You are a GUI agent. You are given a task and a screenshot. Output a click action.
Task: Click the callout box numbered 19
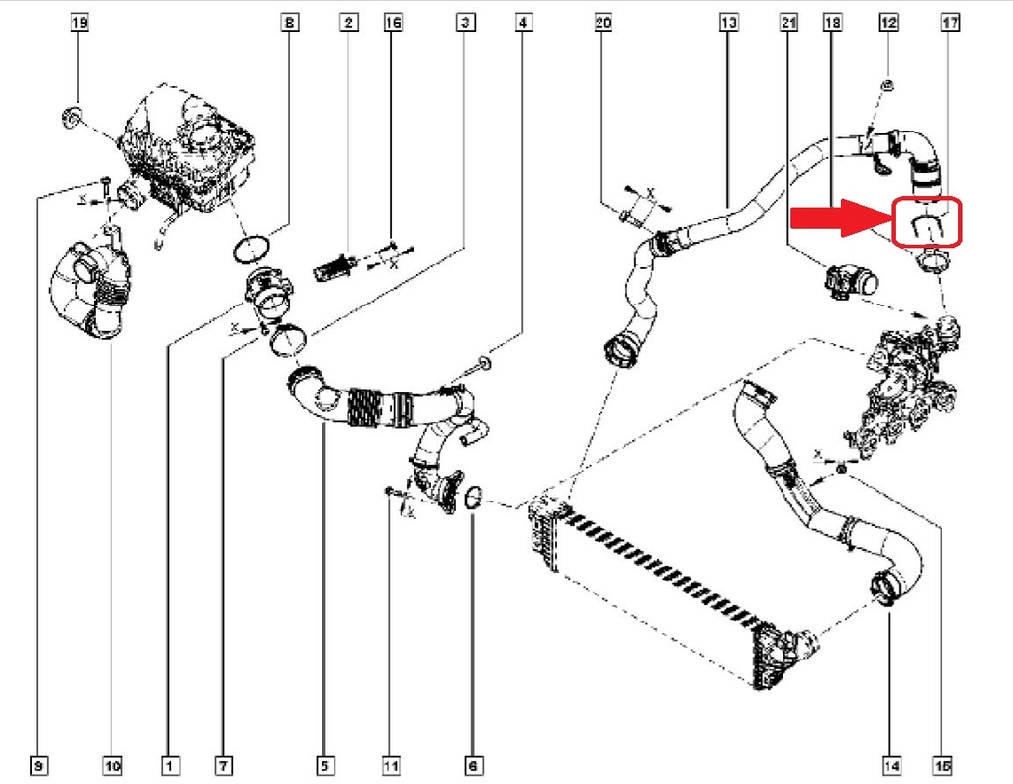point(80,21)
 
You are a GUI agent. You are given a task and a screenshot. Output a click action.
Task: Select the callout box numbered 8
point(288,21)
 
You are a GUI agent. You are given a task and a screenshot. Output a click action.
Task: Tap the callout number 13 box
point(729,21)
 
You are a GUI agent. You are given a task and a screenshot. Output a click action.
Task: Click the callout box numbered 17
point(950,21)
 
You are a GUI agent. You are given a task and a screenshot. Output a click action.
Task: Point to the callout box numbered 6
point(472,764)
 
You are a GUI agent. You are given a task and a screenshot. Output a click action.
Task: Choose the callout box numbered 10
point(111,764)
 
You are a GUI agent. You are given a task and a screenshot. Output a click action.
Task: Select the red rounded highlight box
point(927,222)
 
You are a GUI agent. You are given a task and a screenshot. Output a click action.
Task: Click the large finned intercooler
point(663,583)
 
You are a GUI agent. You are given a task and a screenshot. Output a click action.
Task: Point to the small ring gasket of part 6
point(473,499)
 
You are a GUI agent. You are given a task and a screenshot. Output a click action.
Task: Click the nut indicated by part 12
point(887,86)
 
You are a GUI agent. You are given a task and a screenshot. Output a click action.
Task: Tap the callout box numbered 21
point(788,21)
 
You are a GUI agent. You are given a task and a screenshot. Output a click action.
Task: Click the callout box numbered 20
point(602,21)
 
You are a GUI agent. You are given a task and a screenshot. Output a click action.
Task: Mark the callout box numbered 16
point(393,21)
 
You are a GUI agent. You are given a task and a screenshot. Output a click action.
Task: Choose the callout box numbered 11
point(391,764)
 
